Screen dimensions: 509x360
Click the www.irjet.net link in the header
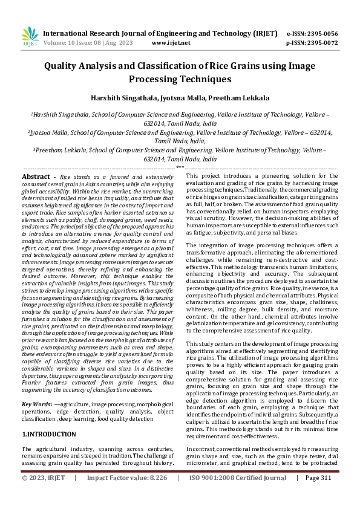171,43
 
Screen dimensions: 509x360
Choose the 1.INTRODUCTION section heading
49,434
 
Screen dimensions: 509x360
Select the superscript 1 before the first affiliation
32,112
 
